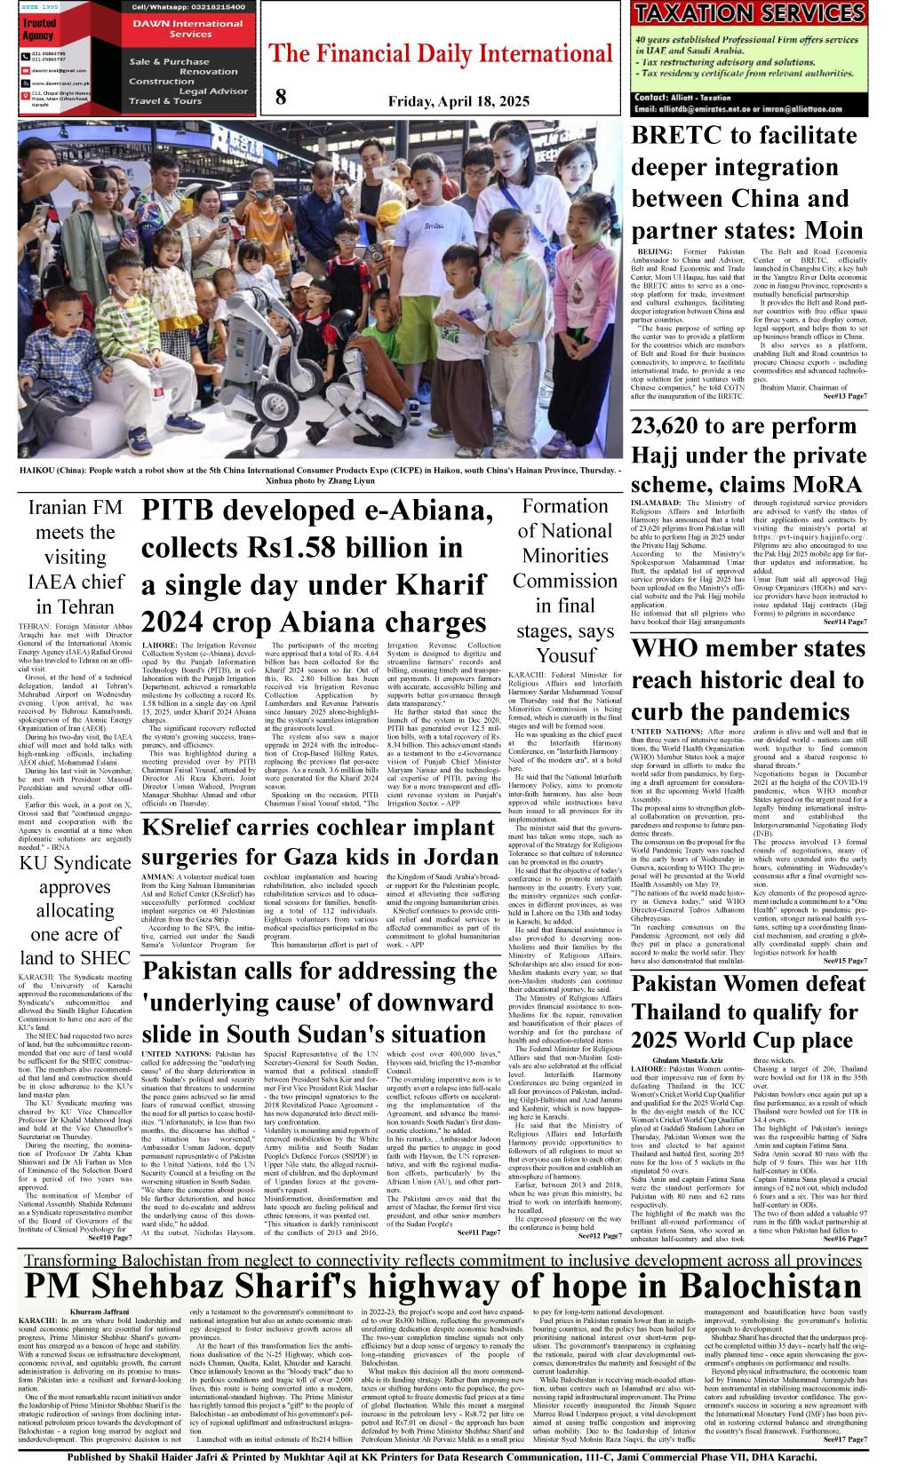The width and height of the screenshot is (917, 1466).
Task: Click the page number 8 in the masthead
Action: [281, 98]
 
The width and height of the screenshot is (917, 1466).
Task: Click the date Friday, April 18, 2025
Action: [458, 101]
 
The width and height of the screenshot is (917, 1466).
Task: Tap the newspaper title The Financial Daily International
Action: [441, 54]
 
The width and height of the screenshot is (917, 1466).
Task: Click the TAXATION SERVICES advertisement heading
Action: [750, 13]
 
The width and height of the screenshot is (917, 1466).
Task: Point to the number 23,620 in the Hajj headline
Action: [676, 426]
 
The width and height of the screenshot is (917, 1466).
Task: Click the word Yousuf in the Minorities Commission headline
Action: [565, 656]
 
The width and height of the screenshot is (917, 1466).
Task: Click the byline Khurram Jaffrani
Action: [99, 1311]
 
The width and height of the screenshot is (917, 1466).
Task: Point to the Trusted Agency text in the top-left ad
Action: [38, 29]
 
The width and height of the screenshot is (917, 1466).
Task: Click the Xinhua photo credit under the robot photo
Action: [320, 480]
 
